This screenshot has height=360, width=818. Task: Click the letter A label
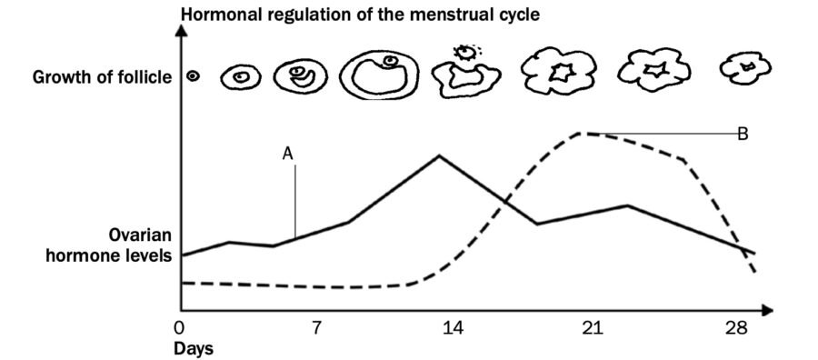(x=288, y=154)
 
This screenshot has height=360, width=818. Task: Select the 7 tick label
(x=315, y=327)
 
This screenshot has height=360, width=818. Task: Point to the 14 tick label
(x=453, y=327)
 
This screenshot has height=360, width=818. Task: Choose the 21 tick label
(x=592, y=327)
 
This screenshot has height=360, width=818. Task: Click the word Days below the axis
(x=194, y=347)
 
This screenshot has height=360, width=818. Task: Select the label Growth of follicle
(x=102, y=77)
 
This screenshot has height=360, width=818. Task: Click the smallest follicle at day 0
(x=193, y=77)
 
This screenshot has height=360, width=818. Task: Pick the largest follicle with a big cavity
(x=380, y=75)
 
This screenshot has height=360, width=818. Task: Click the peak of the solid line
(x=439, y=155)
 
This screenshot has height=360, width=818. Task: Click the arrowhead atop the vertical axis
(x=183, y=29)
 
